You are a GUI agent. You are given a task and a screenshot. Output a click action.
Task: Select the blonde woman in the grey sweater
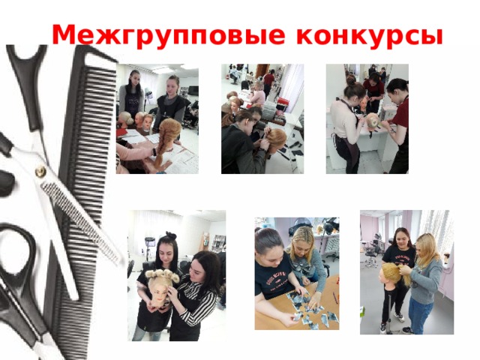click(x=424, y=277)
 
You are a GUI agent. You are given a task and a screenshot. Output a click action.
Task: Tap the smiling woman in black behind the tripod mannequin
click(x=401, y=247)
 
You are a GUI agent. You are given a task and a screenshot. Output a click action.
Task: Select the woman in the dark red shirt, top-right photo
click(x=398, y=120)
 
